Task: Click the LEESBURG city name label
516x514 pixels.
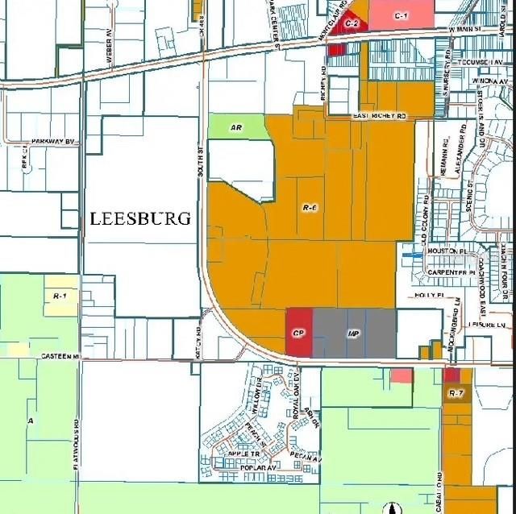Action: [x=140, y=218]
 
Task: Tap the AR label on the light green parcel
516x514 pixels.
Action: [x=235, y=127]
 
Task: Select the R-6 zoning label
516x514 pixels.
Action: [x=310, y=208]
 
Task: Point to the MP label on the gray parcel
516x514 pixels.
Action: [x=352, y=333]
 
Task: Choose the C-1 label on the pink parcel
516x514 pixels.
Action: [x=402, y=16]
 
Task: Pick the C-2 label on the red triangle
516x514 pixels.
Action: [x=352, y=24]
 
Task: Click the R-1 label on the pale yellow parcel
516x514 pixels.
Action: [x=59, y=297]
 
